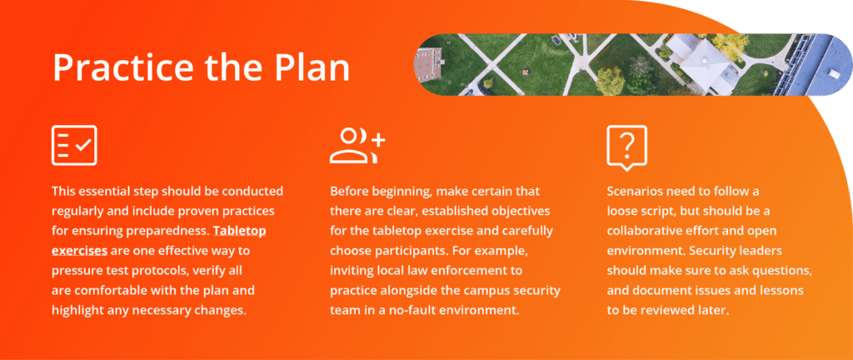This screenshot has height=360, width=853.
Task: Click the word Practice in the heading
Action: (123, 67)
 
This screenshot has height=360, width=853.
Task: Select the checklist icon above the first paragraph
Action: (74, 145)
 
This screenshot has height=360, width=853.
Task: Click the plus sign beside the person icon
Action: (378, 139)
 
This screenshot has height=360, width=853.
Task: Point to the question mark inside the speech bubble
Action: (627, 143)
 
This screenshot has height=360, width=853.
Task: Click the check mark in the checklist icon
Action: (83, 145)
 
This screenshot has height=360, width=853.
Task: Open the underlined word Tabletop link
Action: (239, 231)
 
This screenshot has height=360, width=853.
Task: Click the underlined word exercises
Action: (79, 251)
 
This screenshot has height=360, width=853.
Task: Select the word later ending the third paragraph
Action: (712, 310)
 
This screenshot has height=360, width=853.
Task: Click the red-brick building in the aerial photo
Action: (428, 65)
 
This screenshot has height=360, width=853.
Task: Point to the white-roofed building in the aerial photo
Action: (702, 64)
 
